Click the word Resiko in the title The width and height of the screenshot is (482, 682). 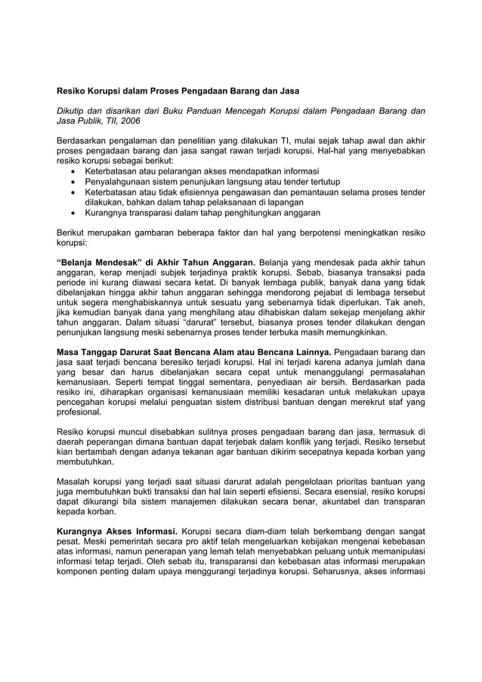(74, 91)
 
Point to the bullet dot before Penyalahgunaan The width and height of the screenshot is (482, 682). (72, 182)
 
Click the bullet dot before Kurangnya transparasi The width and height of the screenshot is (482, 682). (72, 214)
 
